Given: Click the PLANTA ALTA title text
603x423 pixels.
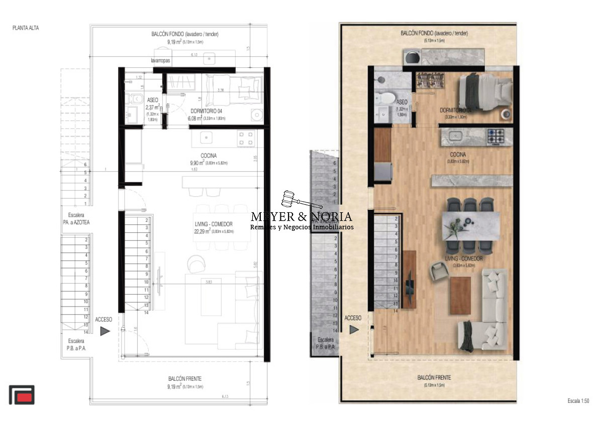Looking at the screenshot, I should pyautogui.click(x=25, y=28).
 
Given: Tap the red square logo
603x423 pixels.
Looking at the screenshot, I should pyautogui.click(x=22, y=395).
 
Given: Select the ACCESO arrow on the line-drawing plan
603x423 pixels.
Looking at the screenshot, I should pyautogui.click(x=105, y=331).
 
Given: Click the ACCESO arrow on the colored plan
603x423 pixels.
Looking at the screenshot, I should pyautogui.click(x=354, y=329).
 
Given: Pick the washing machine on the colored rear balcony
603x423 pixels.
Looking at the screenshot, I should pyautogui.click(x=413, y=57).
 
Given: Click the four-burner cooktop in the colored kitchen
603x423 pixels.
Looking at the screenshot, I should pyautogui.click(x=497, y=135).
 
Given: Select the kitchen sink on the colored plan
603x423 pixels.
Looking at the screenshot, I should pyautogui.click(x=457, y=135).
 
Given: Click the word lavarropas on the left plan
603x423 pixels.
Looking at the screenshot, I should pyautogui.click(x=161, y=60).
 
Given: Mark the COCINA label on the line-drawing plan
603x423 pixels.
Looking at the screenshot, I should pyautogui.click(x=209, y=156).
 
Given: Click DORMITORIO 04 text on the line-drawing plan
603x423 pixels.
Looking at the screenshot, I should pyautogui.click(x=207, y=111).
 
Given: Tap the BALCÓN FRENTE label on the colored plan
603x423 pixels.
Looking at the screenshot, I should pyautogui.click(x=434, y=377).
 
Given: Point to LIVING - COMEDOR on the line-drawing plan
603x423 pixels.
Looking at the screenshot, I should pyautogui.click(x=214, y=224).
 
